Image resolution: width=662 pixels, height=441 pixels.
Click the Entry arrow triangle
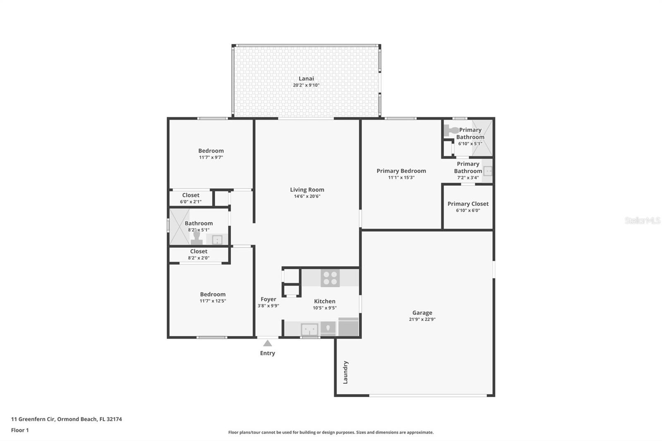point(267,343)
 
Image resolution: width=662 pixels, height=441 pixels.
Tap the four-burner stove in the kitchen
point(330,278)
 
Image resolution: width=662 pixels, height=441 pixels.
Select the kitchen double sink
point(309,329)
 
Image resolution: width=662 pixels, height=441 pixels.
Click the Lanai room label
point(306,79)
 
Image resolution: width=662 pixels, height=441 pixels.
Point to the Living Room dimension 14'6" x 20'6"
point(307,196)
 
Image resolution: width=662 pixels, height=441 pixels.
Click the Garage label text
point(422,313)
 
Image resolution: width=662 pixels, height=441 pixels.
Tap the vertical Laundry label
point(345,372)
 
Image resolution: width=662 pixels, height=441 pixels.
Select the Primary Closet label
point(468,204)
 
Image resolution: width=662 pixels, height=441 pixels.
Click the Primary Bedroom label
point(401,171)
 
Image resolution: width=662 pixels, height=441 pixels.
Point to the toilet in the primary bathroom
point(451,130)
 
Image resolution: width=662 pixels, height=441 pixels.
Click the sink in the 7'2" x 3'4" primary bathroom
point(488,171)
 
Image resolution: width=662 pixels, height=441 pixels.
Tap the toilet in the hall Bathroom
point(197,237)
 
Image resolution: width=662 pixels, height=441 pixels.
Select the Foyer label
point(269,299)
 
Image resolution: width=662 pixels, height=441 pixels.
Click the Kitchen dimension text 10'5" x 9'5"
point(324,308)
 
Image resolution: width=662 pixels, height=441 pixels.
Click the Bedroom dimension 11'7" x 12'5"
point(213,301)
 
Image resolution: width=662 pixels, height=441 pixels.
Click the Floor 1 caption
point(20,430)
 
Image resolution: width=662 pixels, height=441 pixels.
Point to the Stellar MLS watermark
point(643,220)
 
